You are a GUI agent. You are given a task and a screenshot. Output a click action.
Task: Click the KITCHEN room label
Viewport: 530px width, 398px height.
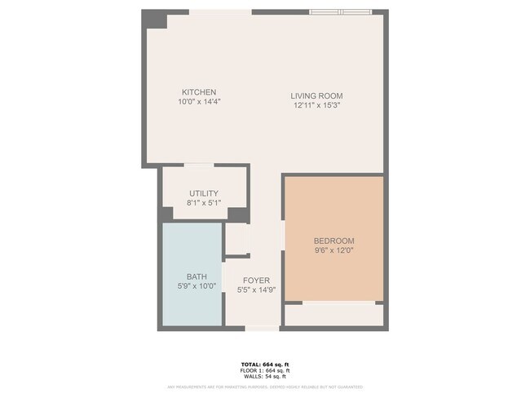tap(199, 92)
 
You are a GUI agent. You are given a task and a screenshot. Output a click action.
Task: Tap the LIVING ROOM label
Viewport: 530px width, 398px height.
tap(316, 96)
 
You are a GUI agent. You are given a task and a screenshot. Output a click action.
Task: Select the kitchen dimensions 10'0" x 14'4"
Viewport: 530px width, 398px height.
tap(199, 103)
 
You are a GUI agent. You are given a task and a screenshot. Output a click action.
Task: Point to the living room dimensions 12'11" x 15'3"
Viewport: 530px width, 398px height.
tap(316, 106)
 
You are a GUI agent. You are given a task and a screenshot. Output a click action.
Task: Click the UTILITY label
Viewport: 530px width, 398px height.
tap(204, 193)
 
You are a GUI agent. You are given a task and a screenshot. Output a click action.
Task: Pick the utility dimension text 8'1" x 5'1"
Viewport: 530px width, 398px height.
tap(204, 202)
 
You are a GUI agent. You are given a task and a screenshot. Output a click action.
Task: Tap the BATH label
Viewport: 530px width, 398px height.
tap(197, 276)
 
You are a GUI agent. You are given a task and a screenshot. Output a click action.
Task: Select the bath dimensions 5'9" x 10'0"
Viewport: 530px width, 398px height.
tap(197, 286)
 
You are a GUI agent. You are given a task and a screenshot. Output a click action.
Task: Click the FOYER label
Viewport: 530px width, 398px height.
tap(256, 281)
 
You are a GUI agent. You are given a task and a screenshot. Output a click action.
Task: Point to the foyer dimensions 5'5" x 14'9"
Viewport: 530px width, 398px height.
tap(256, 290)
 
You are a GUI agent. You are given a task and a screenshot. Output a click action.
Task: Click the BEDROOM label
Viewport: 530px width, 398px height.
tap(334, 241)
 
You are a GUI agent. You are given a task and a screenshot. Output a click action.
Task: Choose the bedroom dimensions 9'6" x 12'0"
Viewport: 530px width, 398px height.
tap(334, 251)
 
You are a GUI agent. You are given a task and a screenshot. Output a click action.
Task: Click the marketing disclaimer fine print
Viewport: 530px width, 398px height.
tap(265, 387)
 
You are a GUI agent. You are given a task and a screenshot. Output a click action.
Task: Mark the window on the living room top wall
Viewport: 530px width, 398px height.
tap(341, 11)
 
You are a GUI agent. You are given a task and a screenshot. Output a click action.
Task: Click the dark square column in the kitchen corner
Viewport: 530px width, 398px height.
tap(155, 19)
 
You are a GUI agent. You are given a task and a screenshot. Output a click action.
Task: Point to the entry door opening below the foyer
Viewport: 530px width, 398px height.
tap(262, 328)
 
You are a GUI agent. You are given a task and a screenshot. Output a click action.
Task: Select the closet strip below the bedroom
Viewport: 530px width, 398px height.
tap(333, 315)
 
